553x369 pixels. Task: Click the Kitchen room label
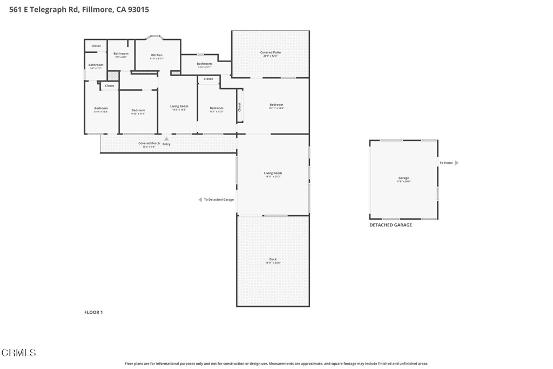click(157, 55)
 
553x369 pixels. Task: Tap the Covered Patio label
click(271, 52)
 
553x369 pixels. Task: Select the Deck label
click(273, 259)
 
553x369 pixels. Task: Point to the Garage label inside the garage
click(403, 178)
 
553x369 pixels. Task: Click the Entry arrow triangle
click(166, 139)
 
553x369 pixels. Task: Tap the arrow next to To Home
click(457, 163)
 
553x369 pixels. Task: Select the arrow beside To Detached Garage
click(200, 199)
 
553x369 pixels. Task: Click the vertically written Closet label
click(239, 107)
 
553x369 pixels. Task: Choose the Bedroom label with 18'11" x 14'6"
click(276, 105)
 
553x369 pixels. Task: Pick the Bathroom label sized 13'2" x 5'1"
click(204, 64)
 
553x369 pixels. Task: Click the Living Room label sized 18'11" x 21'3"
click(273, 173)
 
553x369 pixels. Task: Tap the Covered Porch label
click(149, 143)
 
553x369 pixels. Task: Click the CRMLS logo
click(19, 353)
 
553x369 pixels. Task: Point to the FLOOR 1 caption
click(93, 312)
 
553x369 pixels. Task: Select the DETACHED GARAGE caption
click(390, 225)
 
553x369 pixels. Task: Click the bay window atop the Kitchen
click(156, 37)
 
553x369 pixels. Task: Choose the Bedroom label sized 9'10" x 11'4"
click(138, 110)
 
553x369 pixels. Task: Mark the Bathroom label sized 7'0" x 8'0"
click(121, 53)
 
